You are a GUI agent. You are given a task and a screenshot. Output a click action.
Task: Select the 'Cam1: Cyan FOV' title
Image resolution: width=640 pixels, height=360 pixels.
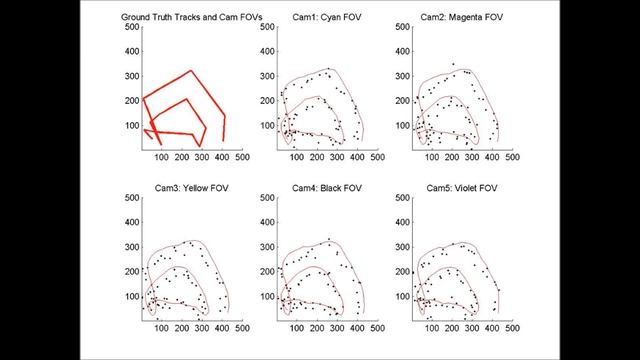pos(315,18)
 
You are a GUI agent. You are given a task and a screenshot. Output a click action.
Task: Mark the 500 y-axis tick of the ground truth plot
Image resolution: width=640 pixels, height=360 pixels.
pos(131,26)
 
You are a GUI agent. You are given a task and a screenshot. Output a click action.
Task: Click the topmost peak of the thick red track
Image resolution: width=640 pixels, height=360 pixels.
pos(190,71)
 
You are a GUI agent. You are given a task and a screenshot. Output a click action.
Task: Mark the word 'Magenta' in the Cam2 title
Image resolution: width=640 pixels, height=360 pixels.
pos(455,18)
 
